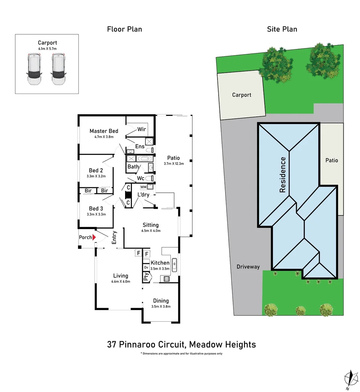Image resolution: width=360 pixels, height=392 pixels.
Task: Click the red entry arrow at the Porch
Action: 94,237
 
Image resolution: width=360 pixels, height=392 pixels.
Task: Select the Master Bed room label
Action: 104,131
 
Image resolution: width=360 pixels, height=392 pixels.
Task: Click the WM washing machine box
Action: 144,187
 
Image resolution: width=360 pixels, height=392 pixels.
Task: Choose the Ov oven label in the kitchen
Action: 146,268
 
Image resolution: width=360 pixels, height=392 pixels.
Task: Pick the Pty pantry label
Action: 146,278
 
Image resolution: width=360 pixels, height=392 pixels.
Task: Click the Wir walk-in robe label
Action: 141,129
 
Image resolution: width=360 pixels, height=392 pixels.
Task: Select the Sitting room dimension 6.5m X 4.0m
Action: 150,230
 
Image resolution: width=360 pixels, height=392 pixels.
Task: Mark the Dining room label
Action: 161,301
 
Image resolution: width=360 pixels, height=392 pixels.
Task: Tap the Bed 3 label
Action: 96,208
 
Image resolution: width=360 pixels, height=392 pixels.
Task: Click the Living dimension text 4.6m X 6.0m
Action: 121,281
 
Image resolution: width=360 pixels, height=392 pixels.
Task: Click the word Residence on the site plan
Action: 283,175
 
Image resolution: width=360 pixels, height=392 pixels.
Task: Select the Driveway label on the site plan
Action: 248,267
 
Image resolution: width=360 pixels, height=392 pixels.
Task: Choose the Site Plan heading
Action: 282,29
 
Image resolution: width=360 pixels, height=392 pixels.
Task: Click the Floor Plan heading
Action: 124,29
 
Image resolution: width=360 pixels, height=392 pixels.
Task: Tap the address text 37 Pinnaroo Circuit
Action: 150,344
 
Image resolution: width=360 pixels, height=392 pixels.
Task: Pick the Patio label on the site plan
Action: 331,160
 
